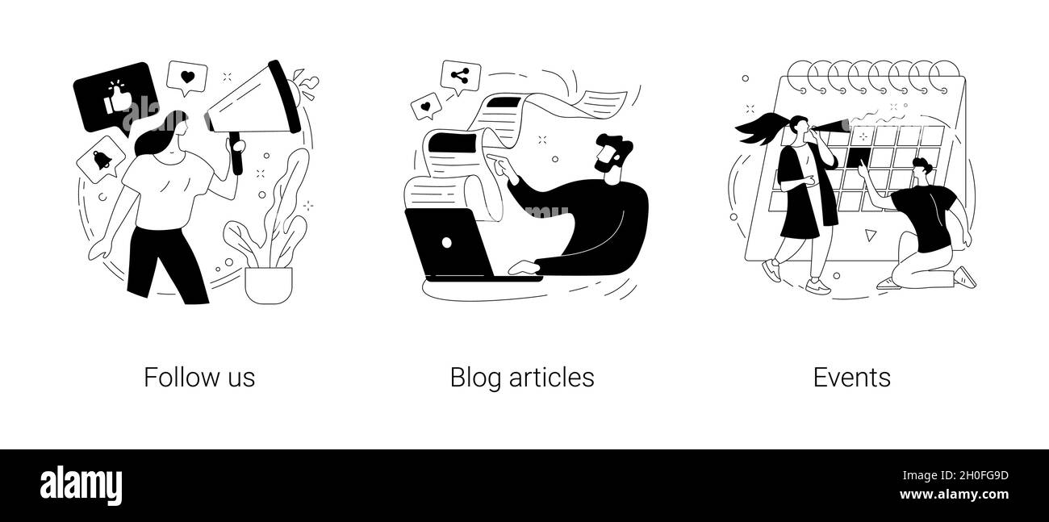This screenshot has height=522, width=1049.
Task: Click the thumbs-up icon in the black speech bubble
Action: tap(118, 98)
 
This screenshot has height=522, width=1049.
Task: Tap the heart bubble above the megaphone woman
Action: tap(187, 77)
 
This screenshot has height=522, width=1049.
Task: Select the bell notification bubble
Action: tap(101, 160)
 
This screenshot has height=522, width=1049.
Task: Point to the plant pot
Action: tap(269, 285)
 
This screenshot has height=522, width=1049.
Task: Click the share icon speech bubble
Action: tap(460, 77)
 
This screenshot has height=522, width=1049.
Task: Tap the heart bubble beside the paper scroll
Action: tap(426, 106)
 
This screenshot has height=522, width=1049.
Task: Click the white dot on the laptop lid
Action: tap(447, 243)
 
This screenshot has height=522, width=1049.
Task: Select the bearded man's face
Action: tap(608, 157)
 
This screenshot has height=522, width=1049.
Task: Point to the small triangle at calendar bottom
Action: tap(870, 235)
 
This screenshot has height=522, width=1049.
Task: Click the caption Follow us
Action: tap(199, 378)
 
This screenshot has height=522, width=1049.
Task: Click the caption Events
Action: tap(852, 378)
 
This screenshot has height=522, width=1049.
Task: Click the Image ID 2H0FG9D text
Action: tap(955, 475)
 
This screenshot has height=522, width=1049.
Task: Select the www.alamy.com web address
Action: tap(954, 495)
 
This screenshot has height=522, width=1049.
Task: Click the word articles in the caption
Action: tap(552, 378)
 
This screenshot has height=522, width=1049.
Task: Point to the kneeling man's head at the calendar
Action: tap(922, 170)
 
